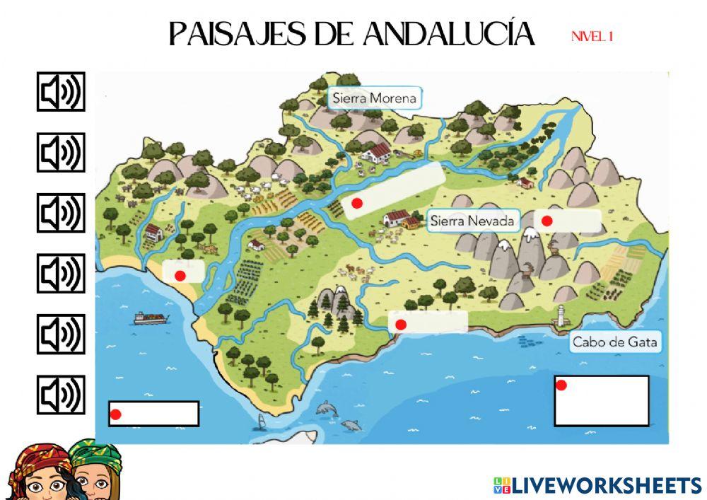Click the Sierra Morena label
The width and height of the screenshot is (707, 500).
coord(374,98)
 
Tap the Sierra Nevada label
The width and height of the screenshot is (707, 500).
coord(472,221)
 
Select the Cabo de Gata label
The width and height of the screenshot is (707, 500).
coord(614,343)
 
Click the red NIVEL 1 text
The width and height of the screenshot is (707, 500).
coord(592,37)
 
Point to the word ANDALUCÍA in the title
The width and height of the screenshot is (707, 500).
coord(449,33)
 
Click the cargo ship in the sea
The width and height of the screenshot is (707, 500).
coord(151,318)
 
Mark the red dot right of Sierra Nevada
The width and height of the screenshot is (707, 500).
coord(547,221)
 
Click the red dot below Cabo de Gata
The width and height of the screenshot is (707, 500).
coord(561,385)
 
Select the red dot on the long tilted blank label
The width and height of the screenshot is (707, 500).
coord(357,203)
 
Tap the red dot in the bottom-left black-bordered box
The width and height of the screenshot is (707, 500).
coord(116,414)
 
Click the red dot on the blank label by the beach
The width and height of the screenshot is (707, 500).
coord(180,276)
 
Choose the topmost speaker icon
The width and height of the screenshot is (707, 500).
coord(61,92)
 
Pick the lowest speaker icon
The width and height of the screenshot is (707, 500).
coord(61,395)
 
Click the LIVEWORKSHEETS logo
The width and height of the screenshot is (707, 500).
coord(597,485)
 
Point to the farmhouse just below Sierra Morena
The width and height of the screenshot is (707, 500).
coord(375,151)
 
